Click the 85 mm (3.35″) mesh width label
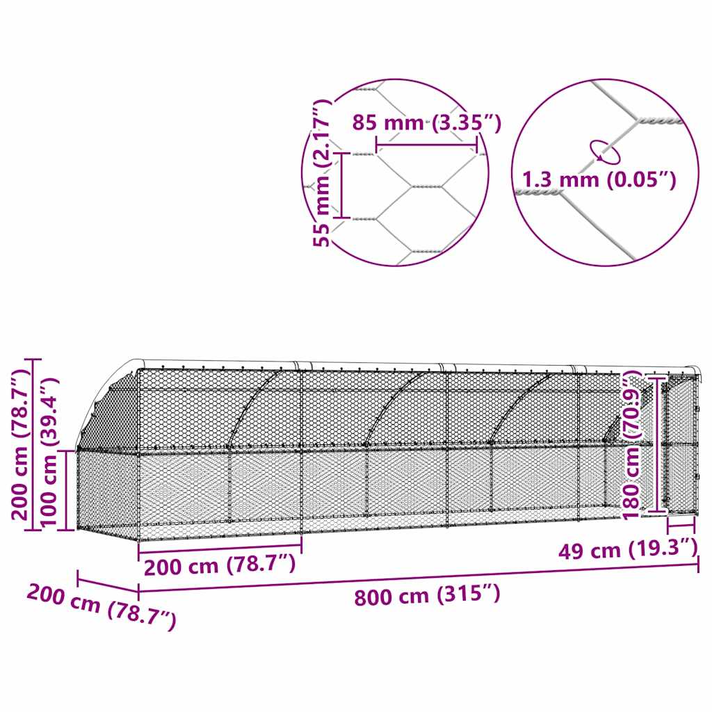point(426,123)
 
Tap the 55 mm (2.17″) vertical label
point(321,173)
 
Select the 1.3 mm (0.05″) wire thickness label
point(599,179)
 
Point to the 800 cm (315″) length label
point(426,595)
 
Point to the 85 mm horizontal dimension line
point(426,145)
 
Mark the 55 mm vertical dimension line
point(341,184)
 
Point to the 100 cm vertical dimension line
point(67,490)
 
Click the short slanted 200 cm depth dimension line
point(108,582)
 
